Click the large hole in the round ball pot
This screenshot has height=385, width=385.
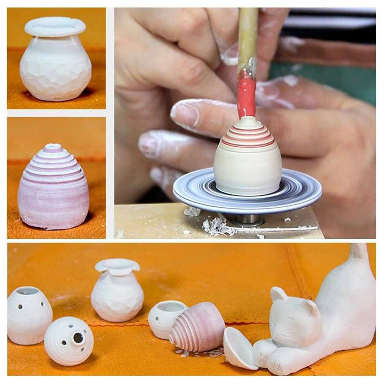pyautogui.click(x=78, y=338)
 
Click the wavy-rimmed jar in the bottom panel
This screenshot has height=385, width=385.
pyautogui.click(x=117, y=290)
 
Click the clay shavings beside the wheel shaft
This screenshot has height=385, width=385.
pyautogui.click(x=218, y=226)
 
